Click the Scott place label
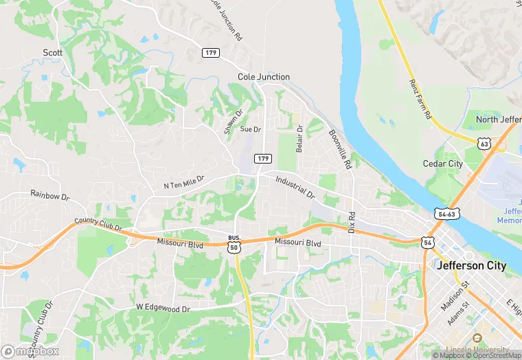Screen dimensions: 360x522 pos(53,53)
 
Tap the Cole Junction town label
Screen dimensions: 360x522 pos(264,77)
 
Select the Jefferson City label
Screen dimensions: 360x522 pos(471,266)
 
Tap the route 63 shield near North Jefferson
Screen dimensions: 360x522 pos(485,144)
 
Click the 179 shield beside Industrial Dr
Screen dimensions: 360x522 pos(262,159)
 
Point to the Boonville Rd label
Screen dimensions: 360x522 pos(339,150)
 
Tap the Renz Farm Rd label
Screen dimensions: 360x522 pos(418,98)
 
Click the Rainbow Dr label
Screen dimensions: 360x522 pos(50,195)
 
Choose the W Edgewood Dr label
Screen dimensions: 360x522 pos(163,308)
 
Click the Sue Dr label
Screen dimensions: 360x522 pos(251,129)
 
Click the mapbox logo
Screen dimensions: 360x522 pos(30,350)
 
